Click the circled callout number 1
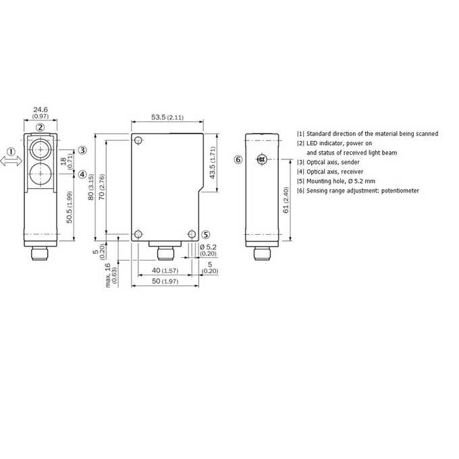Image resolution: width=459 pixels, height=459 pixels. point(11,152)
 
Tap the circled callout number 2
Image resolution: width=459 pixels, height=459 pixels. point(40,128)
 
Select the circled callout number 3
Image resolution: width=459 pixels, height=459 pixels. point(83,151)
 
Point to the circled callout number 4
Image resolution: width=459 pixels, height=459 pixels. point(83,174)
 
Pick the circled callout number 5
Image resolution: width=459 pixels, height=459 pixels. point(206,235)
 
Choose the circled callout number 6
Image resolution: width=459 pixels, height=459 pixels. point(238,159)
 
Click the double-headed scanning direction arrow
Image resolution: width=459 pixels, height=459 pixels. point(11,161)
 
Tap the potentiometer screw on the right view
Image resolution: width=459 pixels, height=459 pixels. point(262,159)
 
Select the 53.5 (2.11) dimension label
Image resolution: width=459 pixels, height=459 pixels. point(167,117)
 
